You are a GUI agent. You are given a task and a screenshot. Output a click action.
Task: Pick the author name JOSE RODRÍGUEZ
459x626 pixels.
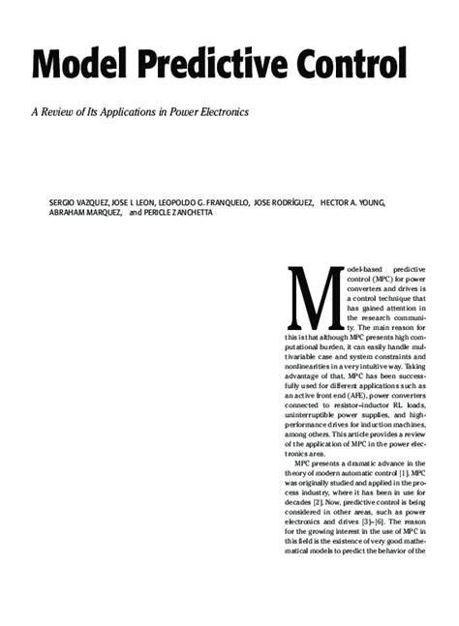[x=283, y=202]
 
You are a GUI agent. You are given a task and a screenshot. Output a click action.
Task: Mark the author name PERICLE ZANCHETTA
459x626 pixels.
[x=180, y=214]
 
